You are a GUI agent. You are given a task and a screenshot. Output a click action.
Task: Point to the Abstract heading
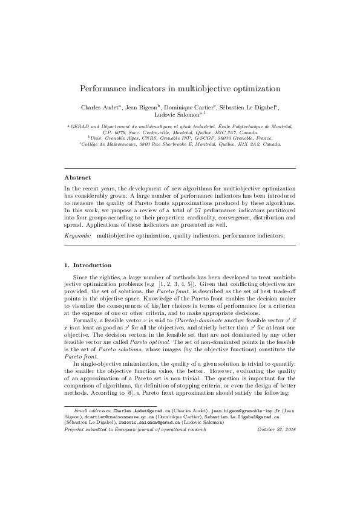77,178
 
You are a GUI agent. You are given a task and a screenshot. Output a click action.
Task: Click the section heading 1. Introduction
88,265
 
